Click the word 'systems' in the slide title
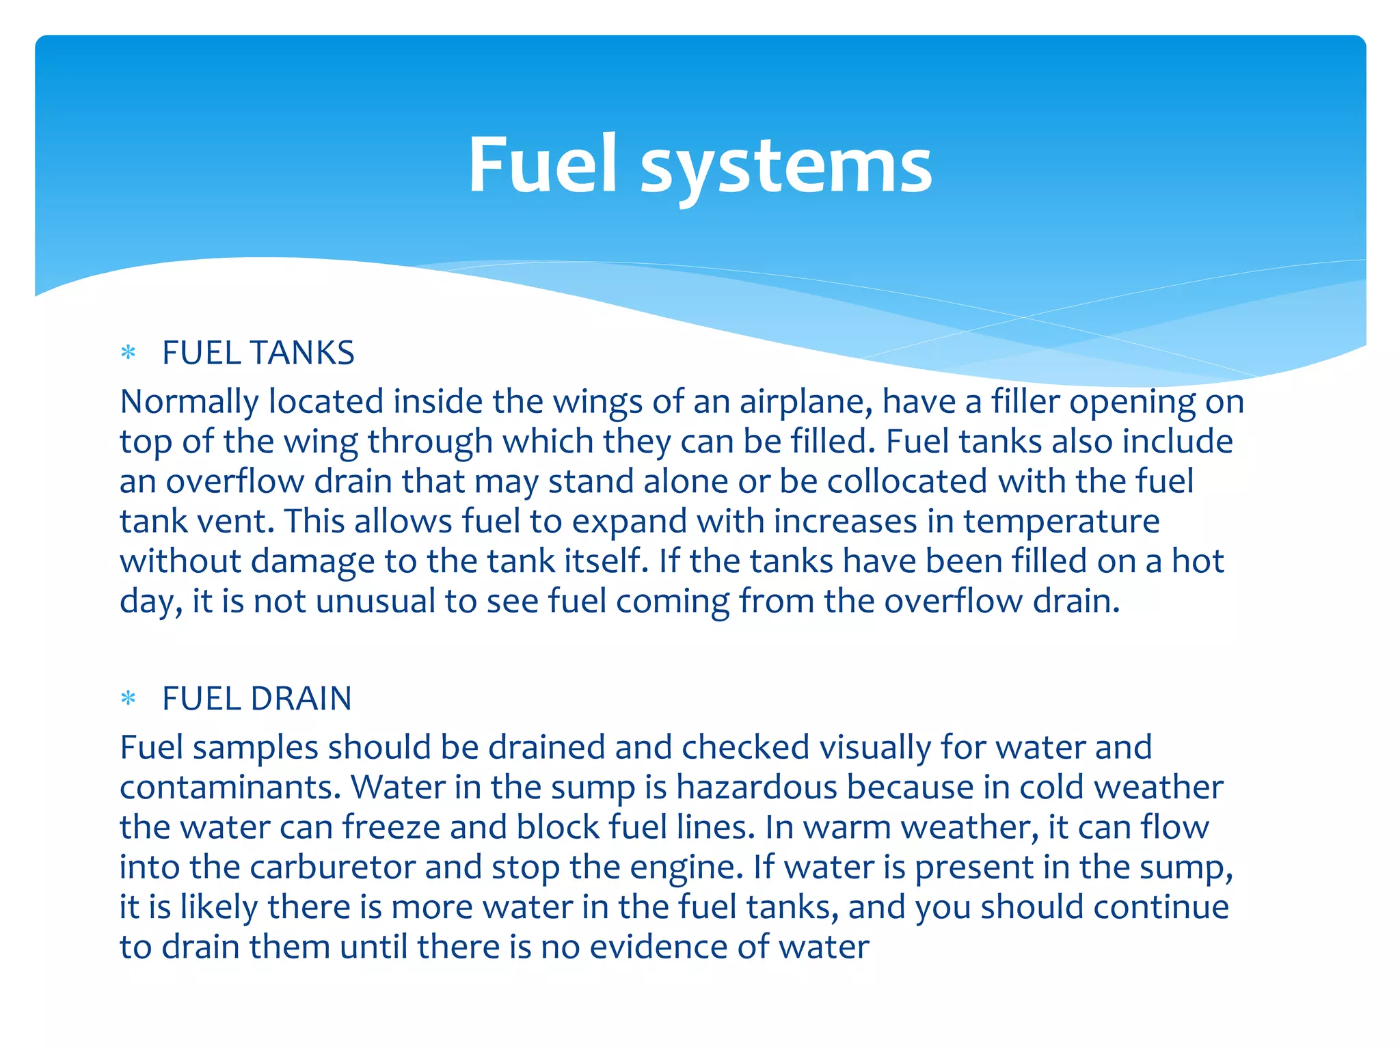point(786,166)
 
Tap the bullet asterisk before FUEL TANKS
point(129,353)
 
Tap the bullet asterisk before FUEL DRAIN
point(129,699)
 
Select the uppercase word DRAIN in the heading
point(301,699)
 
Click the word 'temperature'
point(1062,522)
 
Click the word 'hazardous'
point(757,787)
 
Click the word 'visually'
point(875,748)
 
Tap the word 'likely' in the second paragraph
point(219,908)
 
